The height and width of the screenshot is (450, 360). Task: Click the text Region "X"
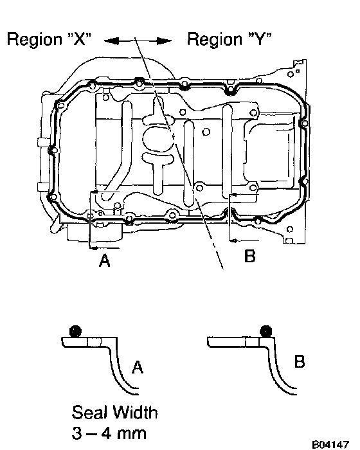tap(49, 39)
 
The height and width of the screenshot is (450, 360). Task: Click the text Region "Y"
tap(230, 39)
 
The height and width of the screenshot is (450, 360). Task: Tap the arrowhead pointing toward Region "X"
tap(111, 41)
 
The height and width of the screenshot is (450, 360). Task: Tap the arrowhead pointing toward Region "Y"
tap(164, 41)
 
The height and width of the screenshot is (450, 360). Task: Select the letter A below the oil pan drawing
tap(105, 260)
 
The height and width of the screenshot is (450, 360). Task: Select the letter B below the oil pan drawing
tap(250, 256)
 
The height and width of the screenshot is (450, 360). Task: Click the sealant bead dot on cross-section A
tap(75, 331)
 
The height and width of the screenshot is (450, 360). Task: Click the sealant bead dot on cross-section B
tap(266, 331)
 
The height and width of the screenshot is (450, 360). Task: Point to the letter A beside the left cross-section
tap(138, 367)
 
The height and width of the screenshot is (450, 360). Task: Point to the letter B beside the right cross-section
tap(300, 361)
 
